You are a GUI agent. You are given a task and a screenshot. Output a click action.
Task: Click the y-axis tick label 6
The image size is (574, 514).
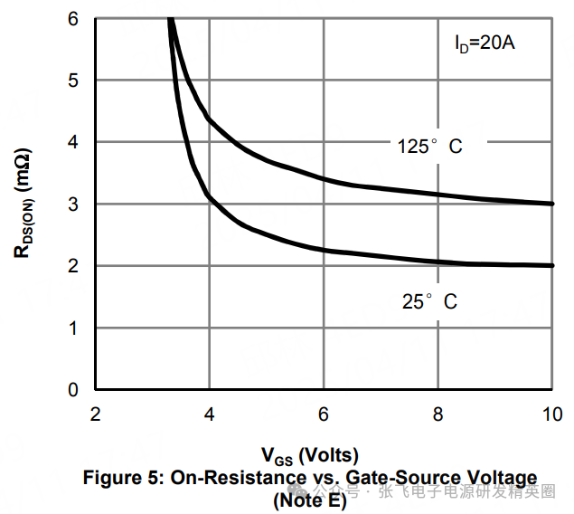tap(74, 18)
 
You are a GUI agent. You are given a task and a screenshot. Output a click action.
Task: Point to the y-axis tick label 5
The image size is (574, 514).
tap(74, 81)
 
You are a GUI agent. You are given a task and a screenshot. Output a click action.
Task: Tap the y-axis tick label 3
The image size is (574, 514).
tap(74, 205)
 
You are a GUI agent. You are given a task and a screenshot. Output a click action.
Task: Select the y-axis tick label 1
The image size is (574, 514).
tap(74, 328)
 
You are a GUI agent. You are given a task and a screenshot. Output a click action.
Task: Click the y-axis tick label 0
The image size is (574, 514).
tap(74, 390)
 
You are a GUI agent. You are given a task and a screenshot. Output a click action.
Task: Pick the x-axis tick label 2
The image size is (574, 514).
tap(95, 414)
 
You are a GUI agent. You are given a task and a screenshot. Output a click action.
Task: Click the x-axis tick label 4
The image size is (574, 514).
tap(210, 414)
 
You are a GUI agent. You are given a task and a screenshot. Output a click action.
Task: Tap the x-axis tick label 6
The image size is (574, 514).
tap(324, 414)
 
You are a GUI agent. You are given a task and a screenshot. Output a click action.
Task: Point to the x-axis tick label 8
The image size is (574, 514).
tap(438, 414)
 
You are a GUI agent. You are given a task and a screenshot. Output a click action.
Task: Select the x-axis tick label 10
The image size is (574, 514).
tap(550, 414)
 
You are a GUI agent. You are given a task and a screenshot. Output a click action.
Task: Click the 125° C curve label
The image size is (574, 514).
tap(429, 146)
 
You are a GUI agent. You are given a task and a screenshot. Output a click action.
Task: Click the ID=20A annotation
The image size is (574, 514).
tap(485, 42)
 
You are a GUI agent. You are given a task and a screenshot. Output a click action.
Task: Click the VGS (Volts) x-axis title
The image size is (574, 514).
tap(310, 455)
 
